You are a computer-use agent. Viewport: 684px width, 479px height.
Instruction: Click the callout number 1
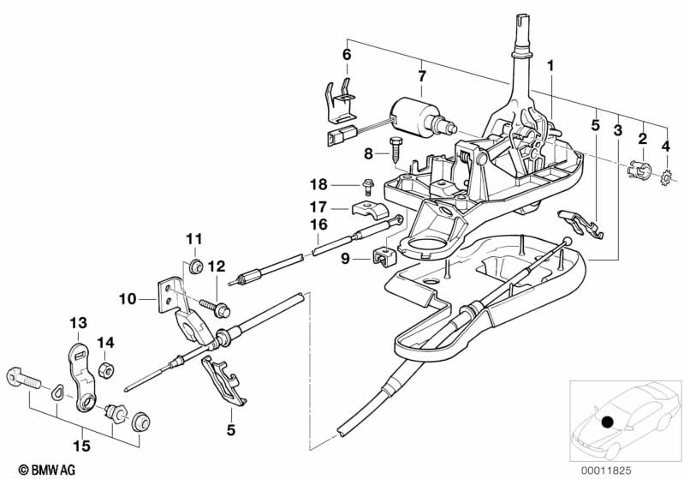tap(551, 65)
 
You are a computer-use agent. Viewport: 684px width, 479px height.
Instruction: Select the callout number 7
tap(421, 77)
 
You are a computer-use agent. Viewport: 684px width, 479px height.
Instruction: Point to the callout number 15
tap(82, 446)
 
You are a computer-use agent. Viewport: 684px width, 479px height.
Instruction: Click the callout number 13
tap(78, 322)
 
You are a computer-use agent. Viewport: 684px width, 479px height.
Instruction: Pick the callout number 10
tap(127, 301)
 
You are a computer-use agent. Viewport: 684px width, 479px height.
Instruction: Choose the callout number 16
tap(318, 225)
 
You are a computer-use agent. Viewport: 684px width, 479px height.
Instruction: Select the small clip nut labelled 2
tap(636, 170)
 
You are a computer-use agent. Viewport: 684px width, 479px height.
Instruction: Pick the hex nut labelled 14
tap(107, 370)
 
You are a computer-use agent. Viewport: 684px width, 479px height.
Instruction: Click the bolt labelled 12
tap(213, 303)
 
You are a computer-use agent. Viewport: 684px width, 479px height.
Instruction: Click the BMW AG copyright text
tap(42, 469)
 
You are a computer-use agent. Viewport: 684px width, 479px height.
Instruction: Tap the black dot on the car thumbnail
tap(608, 422)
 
